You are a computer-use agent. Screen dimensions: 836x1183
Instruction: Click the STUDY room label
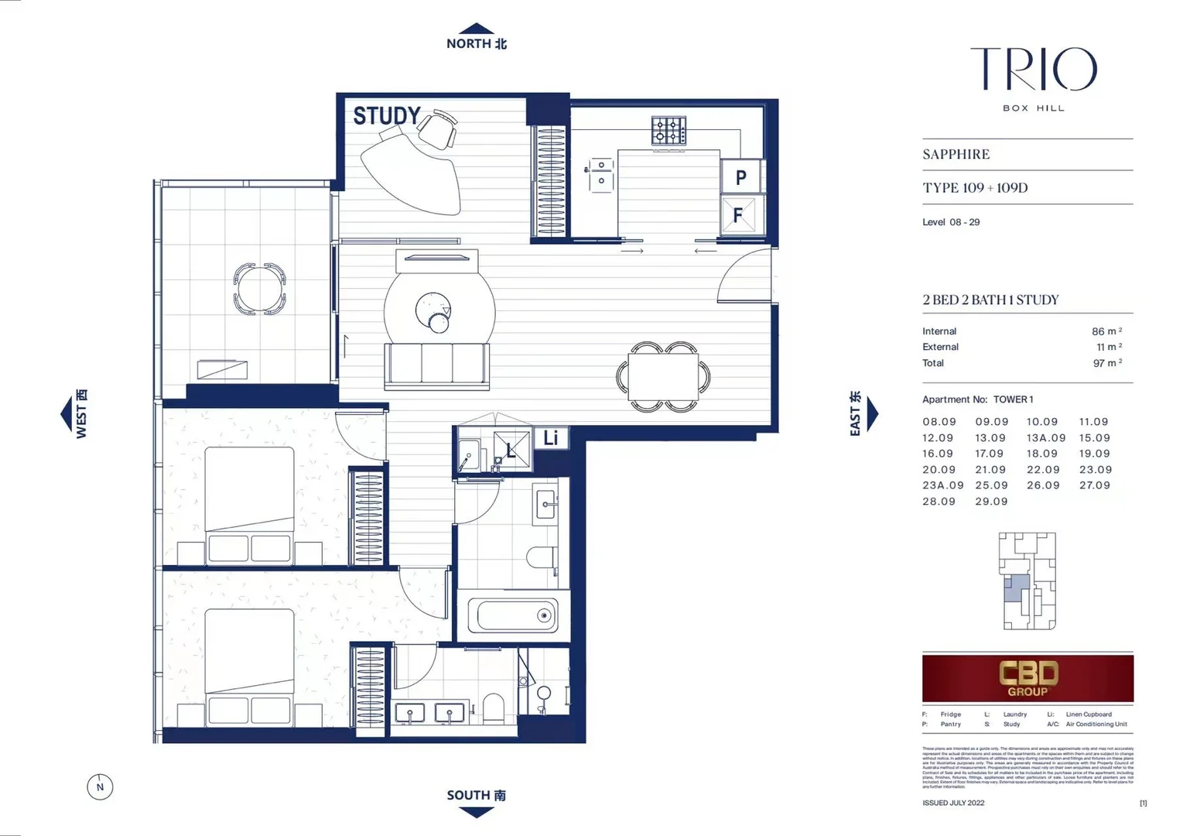pyautogui.click(x=387, y=116)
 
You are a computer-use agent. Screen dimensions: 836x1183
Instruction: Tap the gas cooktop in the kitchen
pyautogui.click(x=668, y=130)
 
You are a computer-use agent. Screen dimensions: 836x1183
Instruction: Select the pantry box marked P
pyautogui.click(x=741, y=177)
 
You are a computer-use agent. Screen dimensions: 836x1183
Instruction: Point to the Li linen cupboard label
pyautogui.click(x=550, y=438)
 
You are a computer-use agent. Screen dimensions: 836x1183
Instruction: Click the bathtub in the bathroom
pyautogui.click(x=512, y=616)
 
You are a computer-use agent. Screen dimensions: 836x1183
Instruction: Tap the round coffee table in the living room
pyautogui.click(x=433, y=311)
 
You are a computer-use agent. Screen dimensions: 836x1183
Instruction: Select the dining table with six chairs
pyautogui.click(x=663, y=377)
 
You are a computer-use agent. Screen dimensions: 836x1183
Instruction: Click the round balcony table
pyautogui.click(x=260, y=289)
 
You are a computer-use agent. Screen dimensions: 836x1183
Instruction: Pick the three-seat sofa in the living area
pyautogui.click(x=436, y=364)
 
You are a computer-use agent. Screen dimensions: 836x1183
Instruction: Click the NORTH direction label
pyautogui.click(x=476, y=44)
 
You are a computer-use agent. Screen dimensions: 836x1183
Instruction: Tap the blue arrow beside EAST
pyautogui.click(x=873, y=414)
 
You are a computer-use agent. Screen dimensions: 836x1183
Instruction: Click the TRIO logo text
pyautogui.click(x=1033, y=70)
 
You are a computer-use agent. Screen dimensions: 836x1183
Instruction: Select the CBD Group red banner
pyautogui.click(x=1027, y=678)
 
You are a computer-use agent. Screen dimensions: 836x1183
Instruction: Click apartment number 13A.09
pyautogui.click(x=1045, y=438)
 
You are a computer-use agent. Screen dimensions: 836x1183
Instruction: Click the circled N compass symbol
pyautogui.click(x=100, y=787)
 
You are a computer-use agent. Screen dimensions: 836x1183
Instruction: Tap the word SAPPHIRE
pyautogui.click(x=956, y=154)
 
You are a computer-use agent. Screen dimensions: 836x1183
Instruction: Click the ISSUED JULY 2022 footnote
pyautogui.click(x=953, y=803)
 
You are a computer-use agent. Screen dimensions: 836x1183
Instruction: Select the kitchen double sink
pyautogui.click(x=600, y=174)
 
